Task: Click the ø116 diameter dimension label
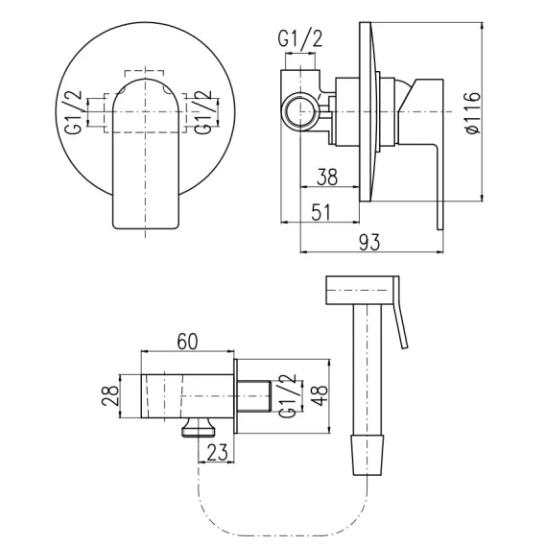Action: (473, 112)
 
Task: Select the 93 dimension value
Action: (369, 242)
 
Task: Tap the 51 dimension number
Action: (321, 212)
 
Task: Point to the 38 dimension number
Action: (327, 177)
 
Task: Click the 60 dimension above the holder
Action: (187, 341)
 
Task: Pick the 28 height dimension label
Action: (110, 395)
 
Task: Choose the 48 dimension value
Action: (320, 395)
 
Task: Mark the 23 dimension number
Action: (218, 452)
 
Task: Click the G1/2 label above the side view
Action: (300, 39)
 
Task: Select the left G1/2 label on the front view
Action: (73, 111)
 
